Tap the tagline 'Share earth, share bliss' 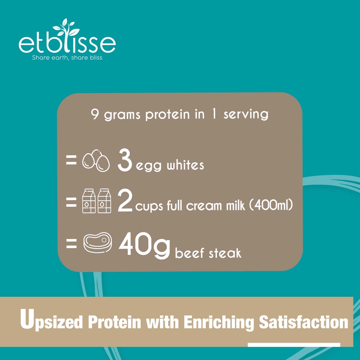[67, 57]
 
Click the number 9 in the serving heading [95, 114]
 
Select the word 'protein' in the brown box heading [168, 115]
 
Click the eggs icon [96, 160]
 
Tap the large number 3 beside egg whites [125, 160]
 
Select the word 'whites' [185, 165]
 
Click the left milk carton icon [89, 201]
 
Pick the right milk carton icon [104, 201]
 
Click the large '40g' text [144, 245]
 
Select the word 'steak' [225, 253]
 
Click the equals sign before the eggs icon [71, 160]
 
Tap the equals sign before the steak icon [71, 243]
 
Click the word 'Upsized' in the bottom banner [51, 320]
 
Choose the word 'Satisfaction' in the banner [303, 322]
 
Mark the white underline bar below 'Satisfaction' [294, 345]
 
